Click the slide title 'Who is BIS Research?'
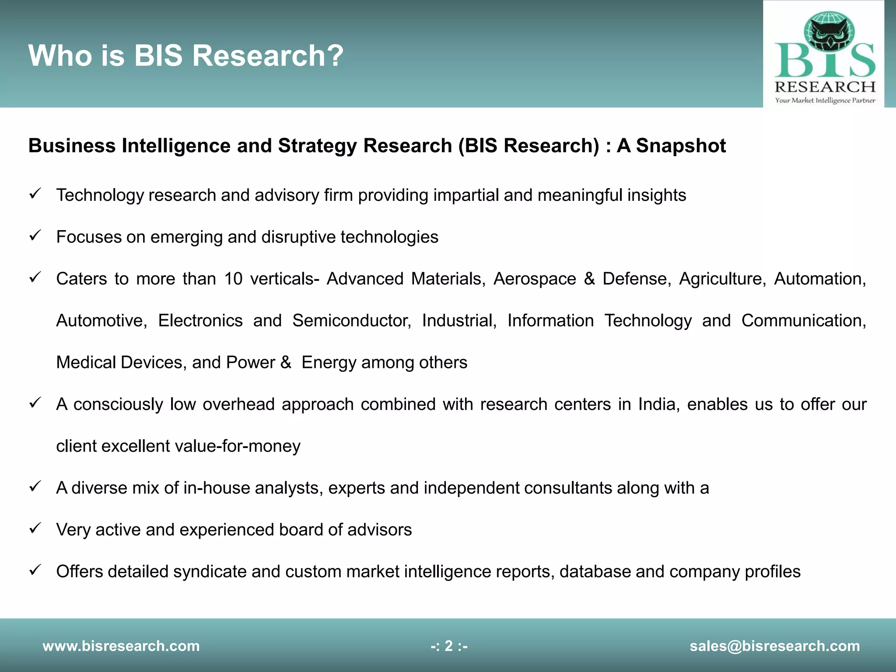coord(186,56)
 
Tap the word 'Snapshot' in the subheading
coord(681,146)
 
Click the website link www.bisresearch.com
coord(121,646)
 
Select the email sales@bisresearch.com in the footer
coord(774,646)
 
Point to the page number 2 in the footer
coord(449,646)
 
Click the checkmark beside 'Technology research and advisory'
coord(35,193)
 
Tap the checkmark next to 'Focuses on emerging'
coord(35,235)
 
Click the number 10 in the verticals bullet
coord(233,279)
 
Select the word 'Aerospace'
coord(535,279)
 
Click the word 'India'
coord(658,404)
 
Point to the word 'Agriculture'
coord(722,279)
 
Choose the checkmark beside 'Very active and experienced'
coord(35,528)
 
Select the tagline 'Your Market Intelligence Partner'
coord(825,101)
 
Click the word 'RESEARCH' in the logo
coord(825,87)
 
